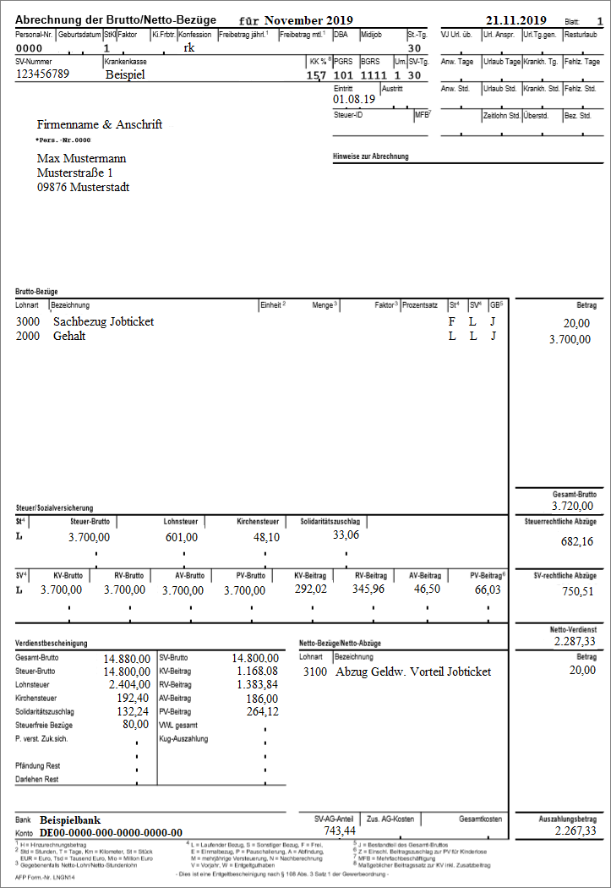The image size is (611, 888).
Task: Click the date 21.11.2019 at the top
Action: [516, 19]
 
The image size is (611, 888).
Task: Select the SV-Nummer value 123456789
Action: [42, 74]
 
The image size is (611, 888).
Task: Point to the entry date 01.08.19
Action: [355, 99]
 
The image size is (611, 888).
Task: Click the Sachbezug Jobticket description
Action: [103, 322]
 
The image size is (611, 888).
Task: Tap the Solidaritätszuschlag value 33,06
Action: [346, 534]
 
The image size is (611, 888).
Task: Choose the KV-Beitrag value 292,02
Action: [310, 589]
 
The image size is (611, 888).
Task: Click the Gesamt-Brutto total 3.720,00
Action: [572, 506]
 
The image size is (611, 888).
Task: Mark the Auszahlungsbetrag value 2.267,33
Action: [576, 831]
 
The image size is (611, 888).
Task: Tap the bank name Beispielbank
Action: [70, 820]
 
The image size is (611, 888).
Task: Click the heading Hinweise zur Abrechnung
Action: [372, 157]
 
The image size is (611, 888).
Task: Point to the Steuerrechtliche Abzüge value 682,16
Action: [576, 541]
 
